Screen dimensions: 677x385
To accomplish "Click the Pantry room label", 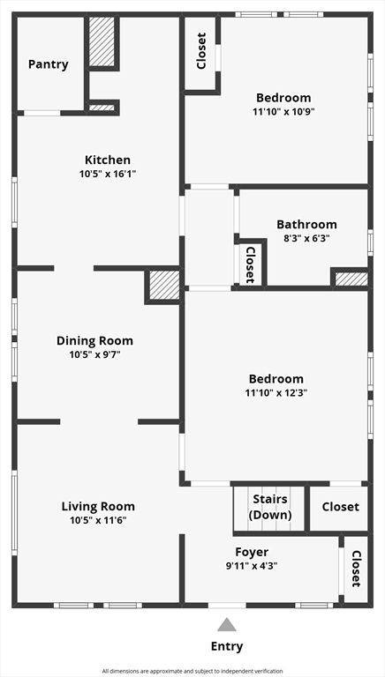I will (48, 64).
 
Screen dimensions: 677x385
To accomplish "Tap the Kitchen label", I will (107, 160).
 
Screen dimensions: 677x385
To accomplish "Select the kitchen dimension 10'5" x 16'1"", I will (107, 174).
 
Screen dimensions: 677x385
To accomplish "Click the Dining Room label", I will (94, 341).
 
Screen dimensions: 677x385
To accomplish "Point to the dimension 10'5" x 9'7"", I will (94, 355).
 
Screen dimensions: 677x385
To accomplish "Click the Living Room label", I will (98, 506).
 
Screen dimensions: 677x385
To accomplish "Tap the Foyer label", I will (252, 552).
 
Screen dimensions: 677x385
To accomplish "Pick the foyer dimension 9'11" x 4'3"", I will (252, 566).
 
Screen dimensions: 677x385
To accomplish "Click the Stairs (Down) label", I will (269, 507).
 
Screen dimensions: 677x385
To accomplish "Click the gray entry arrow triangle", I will (227, 625).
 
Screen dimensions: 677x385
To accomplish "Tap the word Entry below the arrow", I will (227, 646).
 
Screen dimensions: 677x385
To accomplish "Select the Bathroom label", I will (306, 224).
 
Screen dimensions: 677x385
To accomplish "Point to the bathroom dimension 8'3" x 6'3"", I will (306, 238).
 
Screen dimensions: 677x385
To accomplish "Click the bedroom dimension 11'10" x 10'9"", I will (283, 112).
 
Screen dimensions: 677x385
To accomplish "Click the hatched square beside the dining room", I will (163, 286).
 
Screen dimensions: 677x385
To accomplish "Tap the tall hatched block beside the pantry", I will (102, 42).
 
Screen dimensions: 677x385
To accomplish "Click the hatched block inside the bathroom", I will (351, 279).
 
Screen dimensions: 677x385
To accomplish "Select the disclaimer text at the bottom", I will (192, 671).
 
